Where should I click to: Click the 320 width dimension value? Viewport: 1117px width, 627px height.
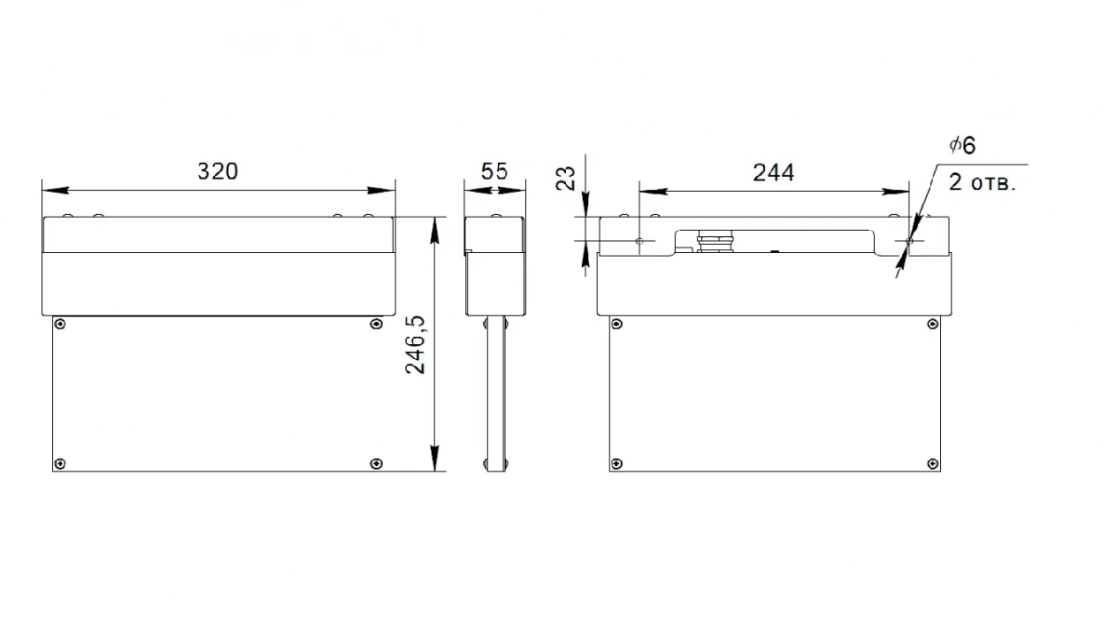[x=218, y=171]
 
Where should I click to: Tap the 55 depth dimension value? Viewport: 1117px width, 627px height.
[x=494, y=171]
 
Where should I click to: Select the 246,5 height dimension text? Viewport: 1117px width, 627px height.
[x=415, y=345]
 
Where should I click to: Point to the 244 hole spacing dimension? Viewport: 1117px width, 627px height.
[x=774, y=172]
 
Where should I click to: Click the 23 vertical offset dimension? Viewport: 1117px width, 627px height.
[x=566, y=179]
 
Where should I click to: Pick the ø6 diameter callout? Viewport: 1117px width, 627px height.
[x=962, y=145]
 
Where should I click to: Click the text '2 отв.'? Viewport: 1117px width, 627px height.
[x=982, y=182]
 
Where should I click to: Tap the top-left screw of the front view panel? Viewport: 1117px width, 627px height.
[x=60, y=325]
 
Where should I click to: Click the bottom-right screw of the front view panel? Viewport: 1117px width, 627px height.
[x=376, y=464]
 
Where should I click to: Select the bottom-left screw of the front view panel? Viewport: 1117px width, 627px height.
[x=60, y=464]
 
